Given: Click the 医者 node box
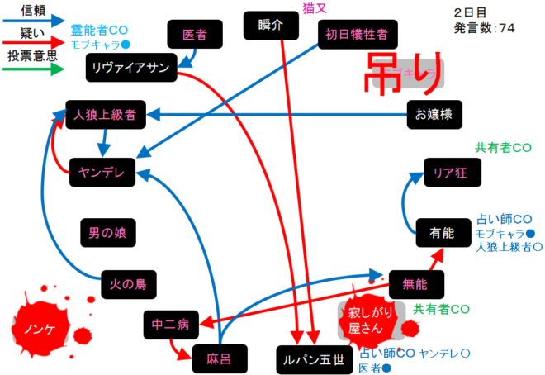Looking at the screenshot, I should click(x=194, y=35).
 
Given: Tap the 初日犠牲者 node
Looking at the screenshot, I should click(x=356, y=35).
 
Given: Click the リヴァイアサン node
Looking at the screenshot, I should click(x=131, y=68).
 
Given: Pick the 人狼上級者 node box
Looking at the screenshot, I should click(x=105, y=114).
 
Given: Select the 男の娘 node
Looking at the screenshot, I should click(x=107, y=232).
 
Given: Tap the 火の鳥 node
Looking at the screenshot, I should click(x=128, y=284).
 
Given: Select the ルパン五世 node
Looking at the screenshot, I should click(x=310, y=360).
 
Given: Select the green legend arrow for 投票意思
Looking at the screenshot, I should click(x=35, y=69).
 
